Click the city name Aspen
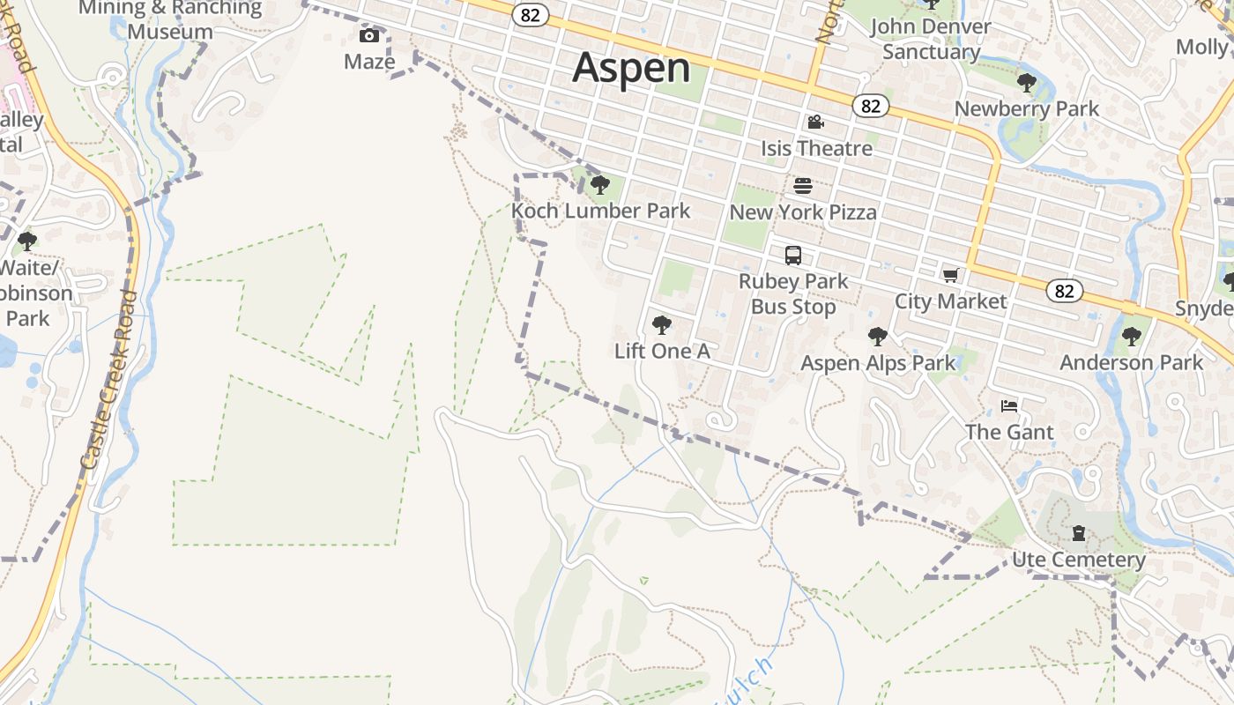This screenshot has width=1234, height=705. (x=631, y=68)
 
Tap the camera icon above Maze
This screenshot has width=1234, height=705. (x=369, y=36)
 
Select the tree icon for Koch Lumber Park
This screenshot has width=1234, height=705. (x=600, y=185)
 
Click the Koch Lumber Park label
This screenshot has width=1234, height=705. (x=601, y=211)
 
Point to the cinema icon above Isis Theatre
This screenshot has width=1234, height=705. (x=816, y=122)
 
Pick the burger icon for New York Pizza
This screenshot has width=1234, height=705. (x=803, y=186)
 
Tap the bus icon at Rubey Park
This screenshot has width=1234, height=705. (x=793, y=256)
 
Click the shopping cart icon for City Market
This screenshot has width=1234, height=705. (x=950, y=276)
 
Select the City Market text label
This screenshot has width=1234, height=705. (x=950, y=301)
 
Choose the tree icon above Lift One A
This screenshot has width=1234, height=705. (x=661, y=325)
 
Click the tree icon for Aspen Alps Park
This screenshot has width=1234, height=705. (x=877, y=337)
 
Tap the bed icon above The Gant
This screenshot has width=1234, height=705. (x=1009, y=406)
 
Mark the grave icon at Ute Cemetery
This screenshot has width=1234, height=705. (x=1078, y=533)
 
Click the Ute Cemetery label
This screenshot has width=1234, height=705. (x=1078, y=560)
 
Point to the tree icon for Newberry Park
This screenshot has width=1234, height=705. (x=1027, y=83)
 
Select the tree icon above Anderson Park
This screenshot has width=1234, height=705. (x=1131, y=337)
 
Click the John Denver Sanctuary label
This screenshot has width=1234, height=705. (x=931, y=39)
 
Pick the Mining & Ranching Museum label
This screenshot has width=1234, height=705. (x=170, y=20)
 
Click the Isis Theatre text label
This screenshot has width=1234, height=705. (x=816, y=148)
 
